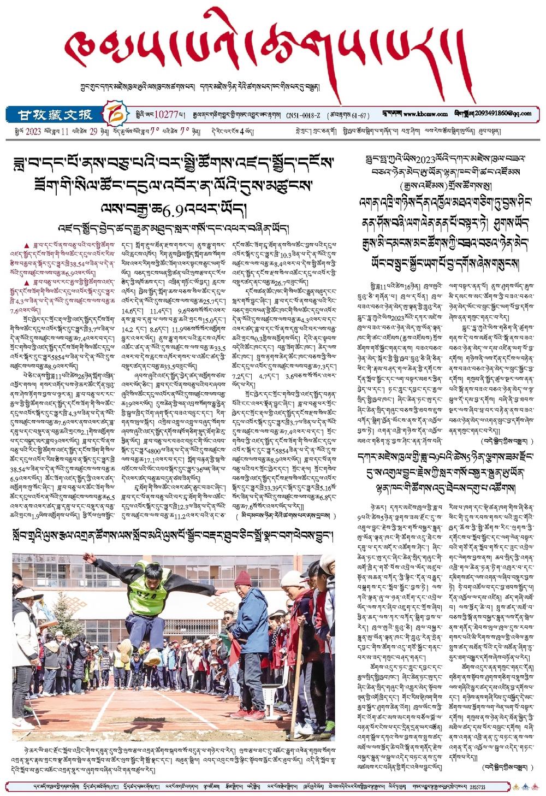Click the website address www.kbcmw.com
[x=426, y=114]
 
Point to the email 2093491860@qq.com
[x=507, y=114]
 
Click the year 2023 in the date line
[x=33, y=131]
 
